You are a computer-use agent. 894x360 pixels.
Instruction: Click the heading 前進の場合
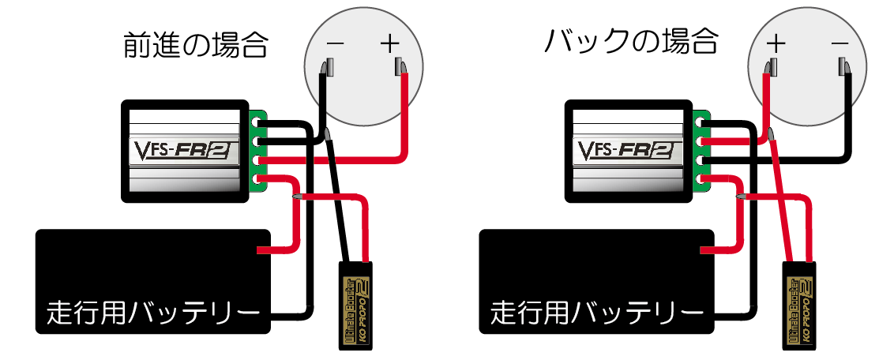click(195, 47)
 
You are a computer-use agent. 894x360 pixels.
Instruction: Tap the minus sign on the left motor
click(335, 44)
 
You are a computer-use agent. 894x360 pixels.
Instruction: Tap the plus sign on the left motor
click(391, 43)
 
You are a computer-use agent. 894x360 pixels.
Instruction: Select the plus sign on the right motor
click(776, 43)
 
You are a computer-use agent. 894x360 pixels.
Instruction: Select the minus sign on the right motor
click(840, 43)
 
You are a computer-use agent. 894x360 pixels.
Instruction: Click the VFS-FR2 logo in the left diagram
click(184, 150)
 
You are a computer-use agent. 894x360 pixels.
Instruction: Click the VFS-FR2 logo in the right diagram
click(627, 150)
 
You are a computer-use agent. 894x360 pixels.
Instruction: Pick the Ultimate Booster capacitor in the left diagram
click(356, 304)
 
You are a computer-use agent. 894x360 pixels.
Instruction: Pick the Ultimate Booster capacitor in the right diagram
click(800, 304)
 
